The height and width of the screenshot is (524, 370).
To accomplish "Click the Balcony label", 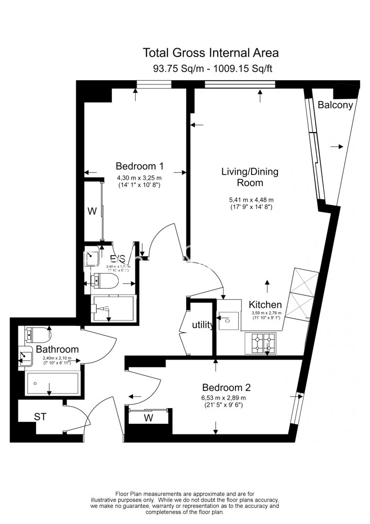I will [x=335, y=105].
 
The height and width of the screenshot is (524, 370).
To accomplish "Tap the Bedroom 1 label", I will [x=139, y=166].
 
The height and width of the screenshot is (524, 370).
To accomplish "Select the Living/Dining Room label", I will [x=250, y=177].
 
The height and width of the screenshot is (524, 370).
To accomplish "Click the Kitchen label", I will [x=265, y=304].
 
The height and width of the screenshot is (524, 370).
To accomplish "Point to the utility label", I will [x=203, y=325].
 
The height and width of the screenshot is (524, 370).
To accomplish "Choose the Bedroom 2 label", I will [x=226, y=388].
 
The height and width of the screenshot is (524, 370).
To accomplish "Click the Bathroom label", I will [x=57, y=349].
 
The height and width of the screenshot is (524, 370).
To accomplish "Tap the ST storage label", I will [x=40, y=417].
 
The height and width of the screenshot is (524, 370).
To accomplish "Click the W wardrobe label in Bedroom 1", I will [x=92, y=212].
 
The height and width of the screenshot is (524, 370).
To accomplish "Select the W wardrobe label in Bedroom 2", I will [x=149, y=418].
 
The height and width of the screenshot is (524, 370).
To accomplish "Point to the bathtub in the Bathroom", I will [x=52, y=384].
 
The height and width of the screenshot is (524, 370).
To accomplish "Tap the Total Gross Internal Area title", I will [x=210, y=52].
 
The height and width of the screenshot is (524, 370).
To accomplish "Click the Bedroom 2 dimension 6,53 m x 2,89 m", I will [x=226, y=398].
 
